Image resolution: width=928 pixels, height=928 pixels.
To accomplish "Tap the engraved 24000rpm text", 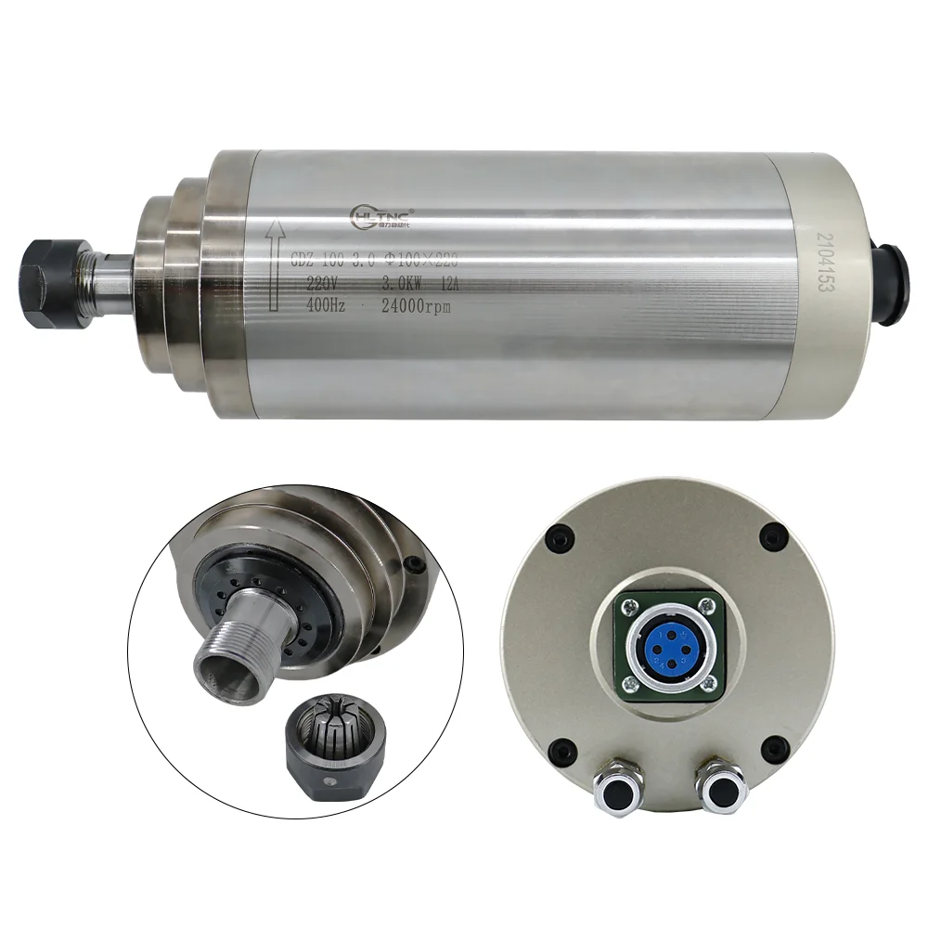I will coord(407,306).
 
